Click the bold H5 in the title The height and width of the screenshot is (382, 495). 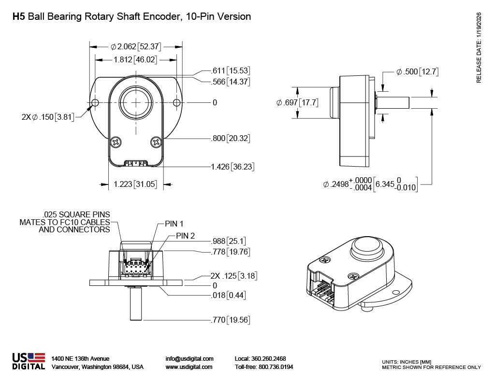tap(18, 17)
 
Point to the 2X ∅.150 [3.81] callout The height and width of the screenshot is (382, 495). tap(47, 117)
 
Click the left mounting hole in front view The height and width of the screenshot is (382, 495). tap(95, 103)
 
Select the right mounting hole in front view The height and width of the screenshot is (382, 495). tap(177, 103)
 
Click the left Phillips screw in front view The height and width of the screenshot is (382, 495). tap(116, 142)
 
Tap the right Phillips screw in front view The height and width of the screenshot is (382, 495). tap(156, 142)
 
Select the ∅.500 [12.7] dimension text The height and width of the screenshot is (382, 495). tap(417, 72)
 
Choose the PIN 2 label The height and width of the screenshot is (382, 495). tap(185, 236)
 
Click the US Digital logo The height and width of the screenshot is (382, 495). tap(29, 362)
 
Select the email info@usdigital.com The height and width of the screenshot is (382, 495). tap(189, 359)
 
